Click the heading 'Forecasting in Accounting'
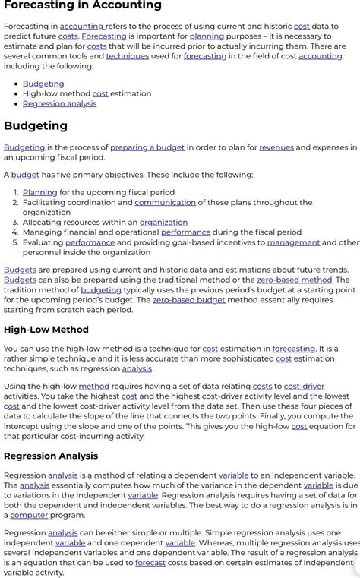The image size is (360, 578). coord(82,6)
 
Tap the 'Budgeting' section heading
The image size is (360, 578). coord(36,125)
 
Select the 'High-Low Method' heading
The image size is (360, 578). coord(46,330)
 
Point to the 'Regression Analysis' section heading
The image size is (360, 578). coord(51,456)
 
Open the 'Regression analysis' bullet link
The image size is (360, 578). coord(59,103)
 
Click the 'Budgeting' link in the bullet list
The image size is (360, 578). coord(43,84)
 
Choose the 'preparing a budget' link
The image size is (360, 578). coord(147,147)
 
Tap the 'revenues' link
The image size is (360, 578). coord(276,147)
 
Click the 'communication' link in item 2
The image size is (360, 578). coord(165,203)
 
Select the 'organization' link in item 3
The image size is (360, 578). coord(163,223)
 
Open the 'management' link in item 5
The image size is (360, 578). coord(293,242)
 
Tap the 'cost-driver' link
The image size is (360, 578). coord(305,387)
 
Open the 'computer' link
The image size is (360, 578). coord(29,515)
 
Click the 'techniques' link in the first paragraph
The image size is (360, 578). coord(127,56)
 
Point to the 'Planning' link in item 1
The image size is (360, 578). coord(39,193)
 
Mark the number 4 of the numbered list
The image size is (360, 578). coord(15,232)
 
